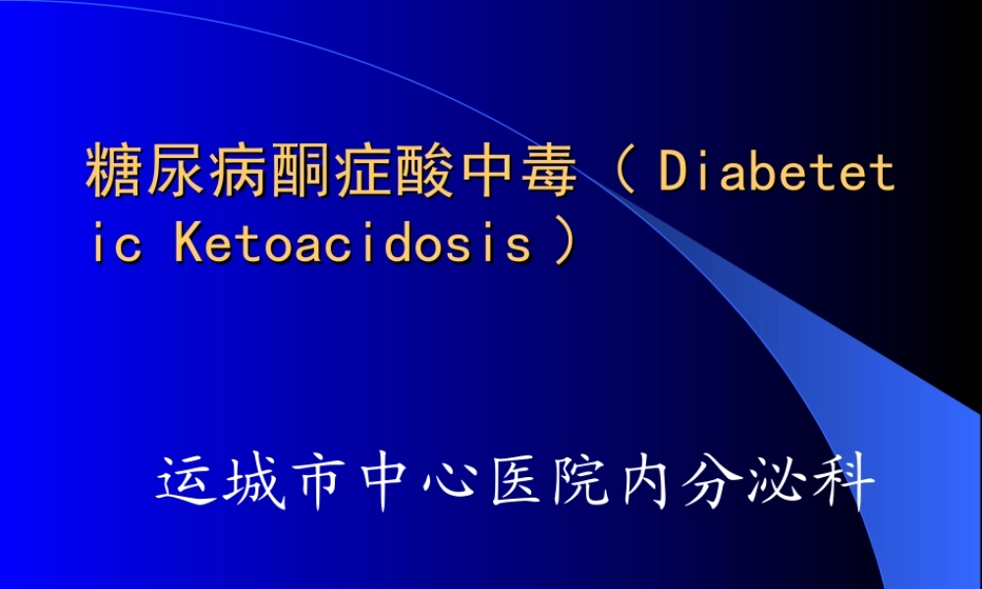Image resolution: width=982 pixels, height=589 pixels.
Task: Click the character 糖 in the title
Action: (x=111, y=173)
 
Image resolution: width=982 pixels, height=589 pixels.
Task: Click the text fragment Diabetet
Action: (x=777, y=173)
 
